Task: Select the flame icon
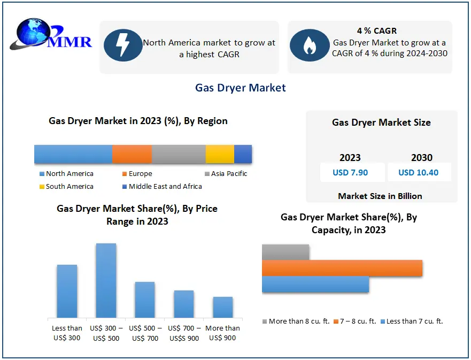point(309,45)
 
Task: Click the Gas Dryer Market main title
point(241,88)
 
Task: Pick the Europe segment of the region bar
point(132,154)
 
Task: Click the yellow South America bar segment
point(220,154)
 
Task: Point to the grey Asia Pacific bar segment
point(179,154)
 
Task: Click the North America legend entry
point(66,174)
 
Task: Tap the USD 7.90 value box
point(350,172)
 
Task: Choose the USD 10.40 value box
point(419,172)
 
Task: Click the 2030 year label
point(422,158)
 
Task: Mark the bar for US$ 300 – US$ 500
point(106,280)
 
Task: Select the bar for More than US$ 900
point(222,307)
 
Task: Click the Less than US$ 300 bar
point(67,291)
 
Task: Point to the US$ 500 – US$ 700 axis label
point(145,333)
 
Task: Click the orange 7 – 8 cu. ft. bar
point(342,268)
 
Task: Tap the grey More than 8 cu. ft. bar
point(285,252)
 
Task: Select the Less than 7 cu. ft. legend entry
point(411,321)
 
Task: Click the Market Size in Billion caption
point(380,196)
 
